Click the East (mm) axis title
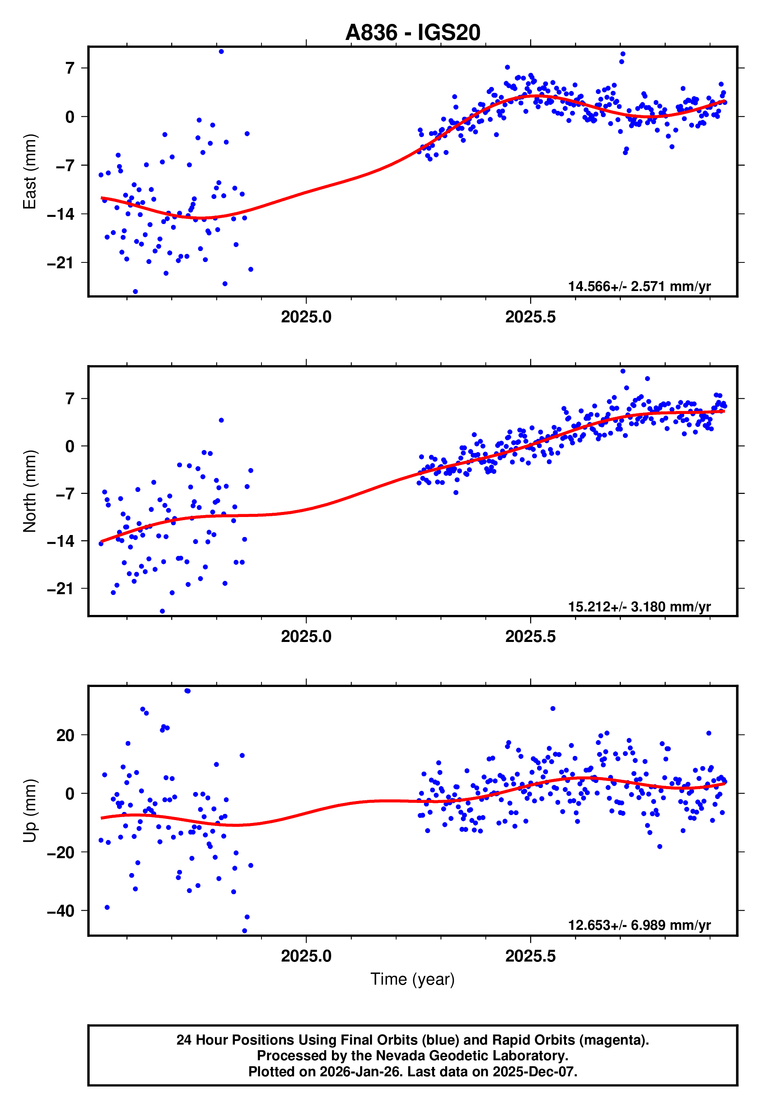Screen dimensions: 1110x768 [x=30, y=172]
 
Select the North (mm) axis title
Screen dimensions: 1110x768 [x=30, y=491]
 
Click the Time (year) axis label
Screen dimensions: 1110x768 [x=413, y=979]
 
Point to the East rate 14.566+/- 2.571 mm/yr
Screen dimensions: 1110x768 [x=639, y=286]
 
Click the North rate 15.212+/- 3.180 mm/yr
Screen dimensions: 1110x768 [x=639, y=606]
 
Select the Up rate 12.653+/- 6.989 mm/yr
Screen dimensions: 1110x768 [x=639, y=925]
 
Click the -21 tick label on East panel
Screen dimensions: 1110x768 [x=61, y=263]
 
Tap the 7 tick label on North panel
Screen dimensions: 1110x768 [x=70, y=399]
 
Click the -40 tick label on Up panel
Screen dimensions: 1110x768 [x=61, y=911]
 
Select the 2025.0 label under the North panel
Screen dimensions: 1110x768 [x=306, y=636]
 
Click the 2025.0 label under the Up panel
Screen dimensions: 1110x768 [x=306, y=956]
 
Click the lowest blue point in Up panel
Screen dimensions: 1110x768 [x=244, y=931]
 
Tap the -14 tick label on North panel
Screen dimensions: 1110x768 [x=61, y=541]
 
